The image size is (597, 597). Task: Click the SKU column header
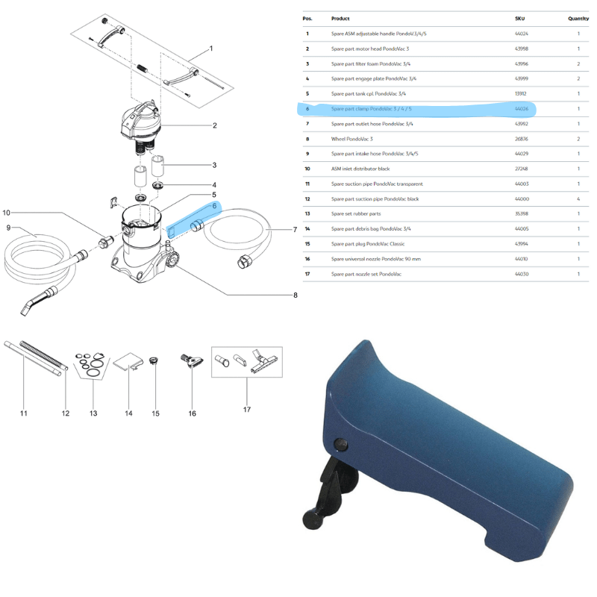coord(520,19)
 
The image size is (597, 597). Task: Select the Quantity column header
coord(578,19)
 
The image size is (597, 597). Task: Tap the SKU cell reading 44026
coord(522,109)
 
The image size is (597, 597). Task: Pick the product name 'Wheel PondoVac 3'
coord(352,139)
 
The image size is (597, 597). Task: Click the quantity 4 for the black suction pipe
coord(578,199)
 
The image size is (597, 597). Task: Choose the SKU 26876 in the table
coord(522,139)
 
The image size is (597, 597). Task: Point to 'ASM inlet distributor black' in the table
coord(360,169)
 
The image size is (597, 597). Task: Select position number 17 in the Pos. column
coord(307,275)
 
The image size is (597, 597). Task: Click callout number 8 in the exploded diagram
coord(295,296)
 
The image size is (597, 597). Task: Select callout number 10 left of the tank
coord(7,213)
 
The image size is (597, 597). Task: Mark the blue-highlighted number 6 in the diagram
coord(214,206)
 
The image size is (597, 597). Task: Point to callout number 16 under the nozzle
coord(192,413)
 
